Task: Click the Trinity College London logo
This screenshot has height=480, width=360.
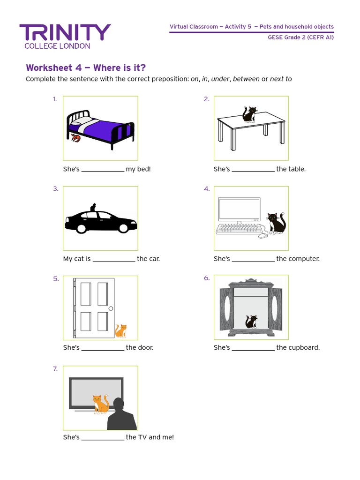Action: point(65,36)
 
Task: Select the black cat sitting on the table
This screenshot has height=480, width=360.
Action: point(249,114)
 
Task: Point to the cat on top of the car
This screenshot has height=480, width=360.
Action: point(93,207)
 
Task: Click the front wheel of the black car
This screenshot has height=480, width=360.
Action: point(82,228)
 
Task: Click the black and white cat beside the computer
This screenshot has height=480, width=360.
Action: point(276,223)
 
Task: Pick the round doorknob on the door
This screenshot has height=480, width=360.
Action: point(111,308)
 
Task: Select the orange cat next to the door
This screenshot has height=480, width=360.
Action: point(121,330)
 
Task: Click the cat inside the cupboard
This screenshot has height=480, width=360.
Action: point(251,322)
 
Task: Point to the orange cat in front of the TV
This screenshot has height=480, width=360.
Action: point(100,404)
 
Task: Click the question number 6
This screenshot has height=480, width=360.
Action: point(207,278)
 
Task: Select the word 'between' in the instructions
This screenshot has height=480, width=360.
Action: point(246,79)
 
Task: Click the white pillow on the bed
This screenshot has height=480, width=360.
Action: point(77,120)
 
